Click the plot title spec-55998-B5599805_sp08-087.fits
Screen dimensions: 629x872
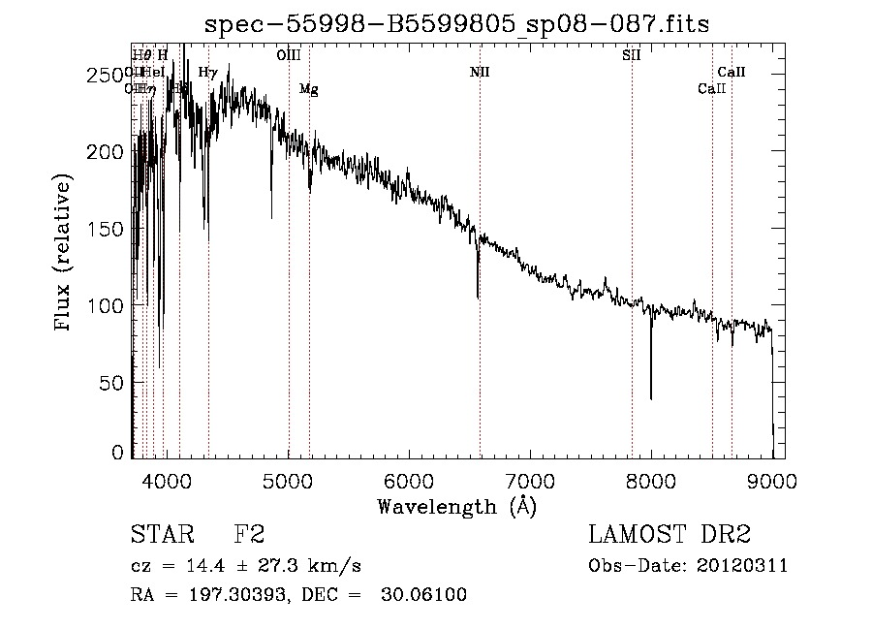457,25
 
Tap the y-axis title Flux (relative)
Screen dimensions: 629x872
64,254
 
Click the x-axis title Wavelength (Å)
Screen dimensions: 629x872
456,506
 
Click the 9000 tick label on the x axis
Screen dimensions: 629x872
771,480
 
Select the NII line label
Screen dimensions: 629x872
480,72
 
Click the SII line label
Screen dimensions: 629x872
632,55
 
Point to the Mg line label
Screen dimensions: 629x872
308,89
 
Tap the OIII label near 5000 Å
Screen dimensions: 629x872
288,55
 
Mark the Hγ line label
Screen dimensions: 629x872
207,72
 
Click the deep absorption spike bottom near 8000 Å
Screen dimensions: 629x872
651,397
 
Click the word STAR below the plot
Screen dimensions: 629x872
161,535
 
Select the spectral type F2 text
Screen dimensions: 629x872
249,535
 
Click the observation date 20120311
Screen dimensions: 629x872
743,565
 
